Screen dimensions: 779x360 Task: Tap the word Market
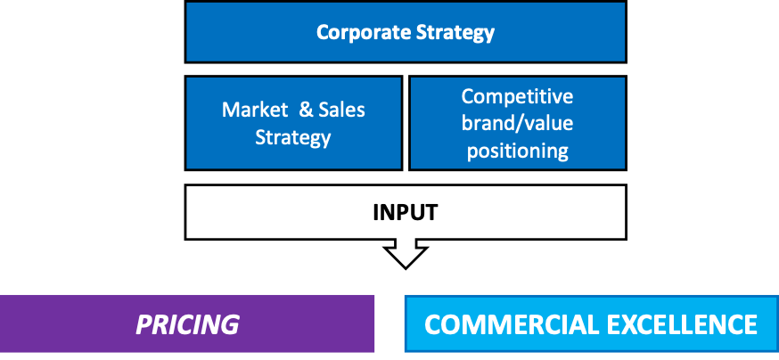click(x=255, y=110)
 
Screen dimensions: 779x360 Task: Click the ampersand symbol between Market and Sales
click(x=307, y=110)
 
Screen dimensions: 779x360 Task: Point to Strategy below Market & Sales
click(x=293, y=137)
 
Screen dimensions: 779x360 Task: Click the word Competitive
click(x=517, y=97)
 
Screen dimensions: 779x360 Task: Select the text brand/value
click(x=517, y=123)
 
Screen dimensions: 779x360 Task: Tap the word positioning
click(x=518, y=151)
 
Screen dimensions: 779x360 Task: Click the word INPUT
click(x=406, y=212)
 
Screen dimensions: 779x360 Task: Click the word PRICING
click(x=187, y=324)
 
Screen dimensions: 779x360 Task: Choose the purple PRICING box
click(x=187, y=323)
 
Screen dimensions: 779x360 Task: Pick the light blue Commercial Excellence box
click(x=592, y=323)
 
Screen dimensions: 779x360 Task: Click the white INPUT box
click(x=406, y=212)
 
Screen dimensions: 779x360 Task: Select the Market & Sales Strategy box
click(x=293, y=123)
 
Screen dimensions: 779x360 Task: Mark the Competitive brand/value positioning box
click(x=518, y=123)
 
